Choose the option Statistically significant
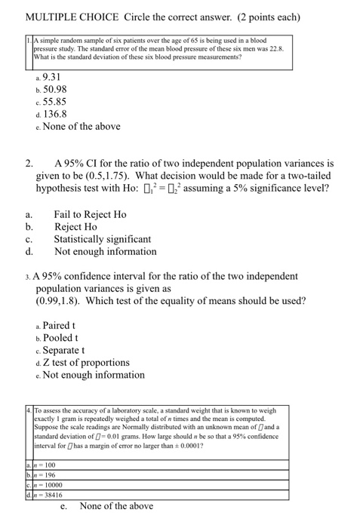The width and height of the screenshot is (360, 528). pos(102,239)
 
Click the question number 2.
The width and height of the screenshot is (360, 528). pos(29,163)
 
